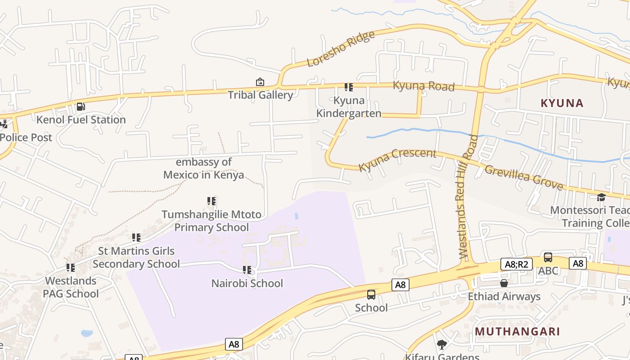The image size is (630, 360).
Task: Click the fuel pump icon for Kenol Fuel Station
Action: (81, 107)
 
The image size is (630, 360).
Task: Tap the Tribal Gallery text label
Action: (260, 95)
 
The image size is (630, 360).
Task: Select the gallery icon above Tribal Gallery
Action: (260, 82)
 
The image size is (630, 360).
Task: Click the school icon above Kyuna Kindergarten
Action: (349, 87)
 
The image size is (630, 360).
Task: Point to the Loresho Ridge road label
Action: (341, 49)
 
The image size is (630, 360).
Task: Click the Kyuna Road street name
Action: (423, 85)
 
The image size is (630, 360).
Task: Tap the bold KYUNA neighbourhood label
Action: (562, 103)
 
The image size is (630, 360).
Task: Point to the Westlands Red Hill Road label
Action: (466, 197)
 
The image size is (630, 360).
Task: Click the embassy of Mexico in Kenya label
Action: (204, 168)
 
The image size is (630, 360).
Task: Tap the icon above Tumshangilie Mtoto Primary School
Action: (211, 201)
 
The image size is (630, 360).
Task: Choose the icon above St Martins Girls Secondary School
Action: (136, 237)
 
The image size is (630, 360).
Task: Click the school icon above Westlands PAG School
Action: (71, 268)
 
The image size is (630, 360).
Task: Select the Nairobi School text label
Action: (247, 283)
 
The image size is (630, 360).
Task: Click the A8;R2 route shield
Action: (516, 264)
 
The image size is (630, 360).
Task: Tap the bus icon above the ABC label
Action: (548, 257)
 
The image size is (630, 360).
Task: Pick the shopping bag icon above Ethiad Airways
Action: (504, 283)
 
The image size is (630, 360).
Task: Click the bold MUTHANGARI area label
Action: (517, 332)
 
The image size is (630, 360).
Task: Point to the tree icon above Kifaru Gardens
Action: (442, 345)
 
